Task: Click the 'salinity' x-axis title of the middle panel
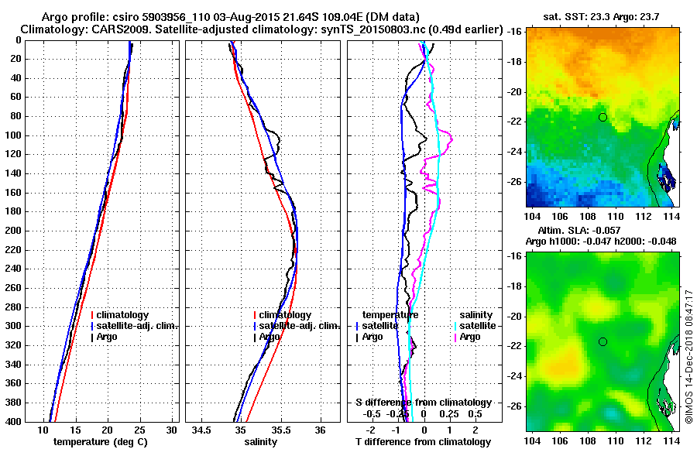261,442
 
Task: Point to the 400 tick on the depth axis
15,422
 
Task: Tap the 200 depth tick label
15,231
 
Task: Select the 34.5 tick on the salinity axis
201,429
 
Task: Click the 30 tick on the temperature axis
171,429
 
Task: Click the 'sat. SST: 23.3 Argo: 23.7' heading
599,15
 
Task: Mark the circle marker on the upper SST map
603,117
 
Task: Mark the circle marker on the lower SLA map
603,341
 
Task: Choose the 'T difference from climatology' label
424,442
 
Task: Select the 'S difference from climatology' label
424,403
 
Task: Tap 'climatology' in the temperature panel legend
125,315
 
